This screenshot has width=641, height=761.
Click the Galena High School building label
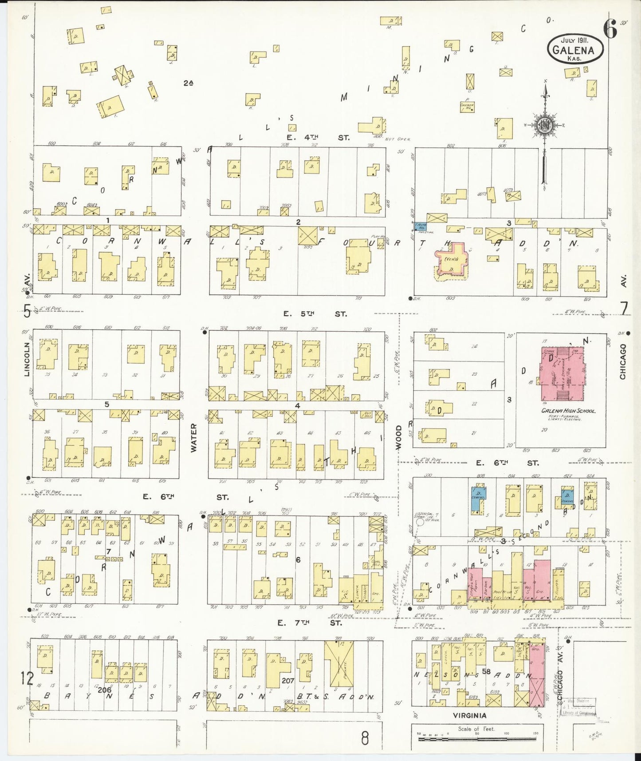568,411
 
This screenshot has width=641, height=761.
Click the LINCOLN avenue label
27,361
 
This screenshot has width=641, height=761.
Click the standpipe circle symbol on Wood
420,529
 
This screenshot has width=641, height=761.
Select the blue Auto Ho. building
420,227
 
